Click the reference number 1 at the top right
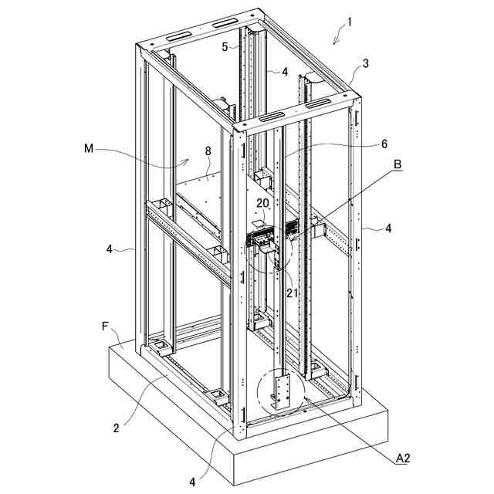349,22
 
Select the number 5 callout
225,46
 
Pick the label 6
384,144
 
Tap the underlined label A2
402,458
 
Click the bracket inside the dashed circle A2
280,393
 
